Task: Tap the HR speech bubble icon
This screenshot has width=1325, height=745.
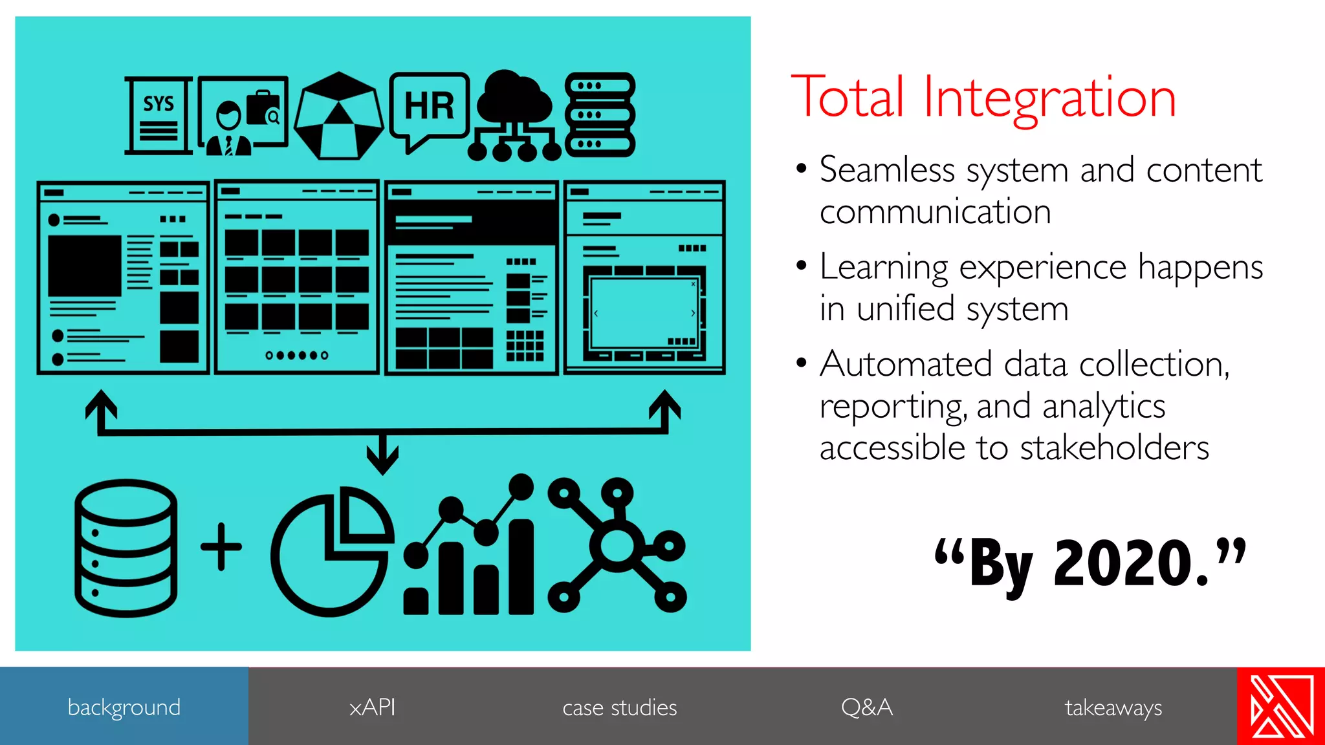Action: coord(429,109)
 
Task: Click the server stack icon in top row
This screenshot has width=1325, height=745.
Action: coord(600,115)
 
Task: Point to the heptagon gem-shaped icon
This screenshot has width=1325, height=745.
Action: coord(338,117)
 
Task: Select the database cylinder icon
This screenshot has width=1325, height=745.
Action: coord(126,548)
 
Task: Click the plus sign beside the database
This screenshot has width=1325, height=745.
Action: coord(221,547)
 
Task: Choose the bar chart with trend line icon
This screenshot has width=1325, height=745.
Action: coord(469,546)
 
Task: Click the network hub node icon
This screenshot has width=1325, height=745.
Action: coord(617,545)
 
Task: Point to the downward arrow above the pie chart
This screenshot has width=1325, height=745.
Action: coord(382,455)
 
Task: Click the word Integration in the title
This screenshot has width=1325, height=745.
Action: coord(1049,98)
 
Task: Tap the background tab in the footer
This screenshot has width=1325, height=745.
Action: coord(124,707)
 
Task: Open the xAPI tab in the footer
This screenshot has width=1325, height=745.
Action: coord(372,707)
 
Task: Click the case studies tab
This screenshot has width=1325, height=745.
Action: coord(619,707)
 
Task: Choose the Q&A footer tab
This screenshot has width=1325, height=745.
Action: coord(867,707)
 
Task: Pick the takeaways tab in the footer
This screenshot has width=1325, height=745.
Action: coord(1113,707)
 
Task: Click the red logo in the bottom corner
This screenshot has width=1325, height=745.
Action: coord(1281,706)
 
